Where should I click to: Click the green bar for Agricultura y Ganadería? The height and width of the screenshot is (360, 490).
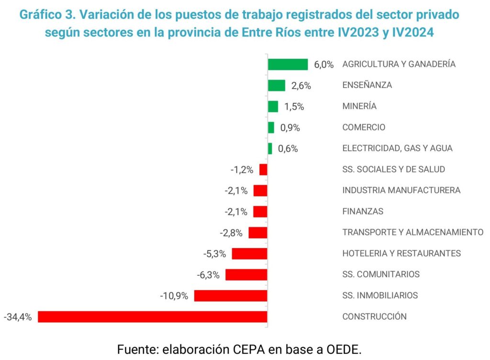click(288, 64)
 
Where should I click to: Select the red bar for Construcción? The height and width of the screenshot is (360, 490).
click(152, 316)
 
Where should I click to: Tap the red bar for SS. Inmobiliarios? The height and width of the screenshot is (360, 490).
click(230, 295)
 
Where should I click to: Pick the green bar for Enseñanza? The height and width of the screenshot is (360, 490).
click(277, 85)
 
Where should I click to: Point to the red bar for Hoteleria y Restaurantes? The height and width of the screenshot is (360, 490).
click(249, 253)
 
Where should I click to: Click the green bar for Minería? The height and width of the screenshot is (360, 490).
click(273, 106)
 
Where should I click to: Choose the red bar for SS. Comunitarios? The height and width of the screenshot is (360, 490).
click(246, 274)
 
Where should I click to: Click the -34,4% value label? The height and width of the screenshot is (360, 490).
click(17, 316)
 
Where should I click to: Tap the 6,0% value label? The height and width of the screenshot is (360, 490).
click(323, 65)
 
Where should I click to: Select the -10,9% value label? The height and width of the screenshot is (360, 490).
click(174, 296)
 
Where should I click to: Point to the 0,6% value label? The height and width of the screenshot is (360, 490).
click(288, 149)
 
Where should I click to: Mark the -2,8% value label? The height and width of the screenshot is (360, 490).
click(231, 233)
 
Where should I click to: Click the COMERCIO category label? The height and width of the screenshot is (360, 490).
click(364, 127)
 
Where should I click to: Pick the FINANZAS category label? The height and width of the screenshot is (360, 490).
click(363, 211)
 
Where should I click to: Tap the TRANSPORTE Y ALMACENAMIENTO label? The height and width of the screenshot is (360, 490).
click(413, 232)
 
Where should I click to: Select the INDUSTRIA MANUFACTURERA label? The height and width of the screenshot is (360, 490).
click(401, 190)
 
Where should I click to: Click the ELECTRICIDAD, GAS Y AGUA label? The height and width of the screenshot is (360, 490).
click(397, 148)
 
